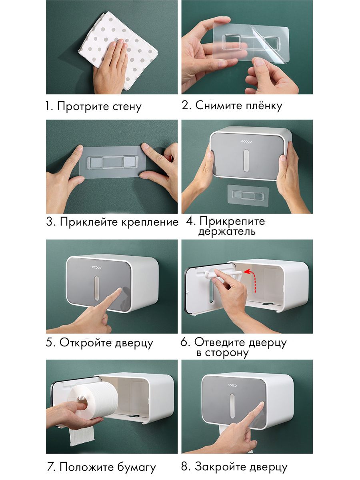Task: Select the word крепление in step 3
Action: (150, 222)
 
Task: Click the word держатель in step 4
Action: (227, 232)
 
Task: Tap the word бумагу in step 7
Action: (136, 467)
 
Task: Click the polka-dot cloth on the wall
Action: (118, 50)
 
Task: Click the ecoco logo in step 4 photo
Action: (246, 142)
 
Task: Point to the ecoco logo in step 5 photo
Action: (97, 268)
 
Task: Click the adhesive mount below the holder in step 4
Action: (248, 195)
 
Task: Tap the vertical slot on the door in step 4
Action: (246, 160)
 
